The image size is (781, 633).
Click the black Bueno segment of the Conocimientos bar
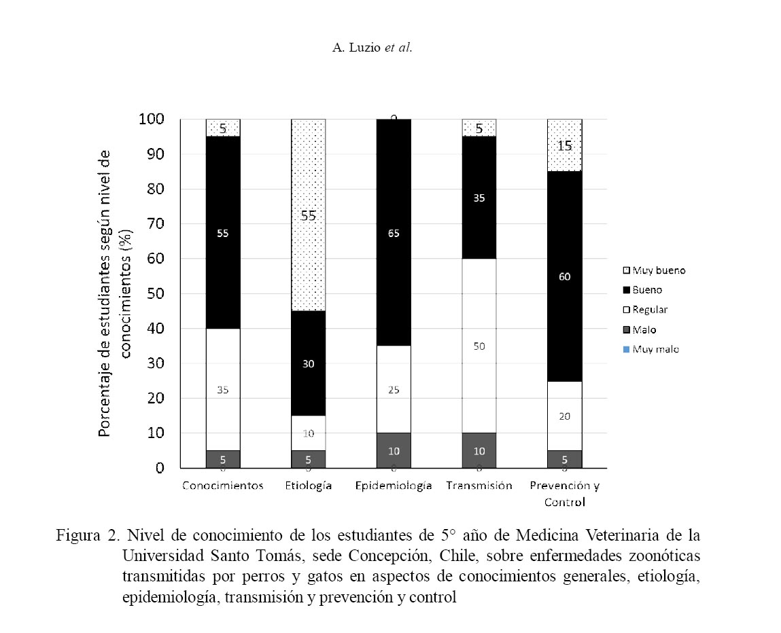pos(223,204)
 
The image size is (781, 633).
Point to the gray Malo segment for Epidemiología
pos(394,450)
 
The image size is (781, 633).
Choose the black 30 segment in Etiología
pos(309,363)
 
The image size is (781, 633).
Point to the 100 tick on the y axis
pos(151,120)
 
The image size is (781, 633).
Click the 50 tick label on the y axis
pos(156,294)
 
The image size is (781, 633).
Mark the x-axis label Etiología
pos(309,486)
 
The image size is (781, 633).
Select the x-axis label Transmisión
pos(479,486)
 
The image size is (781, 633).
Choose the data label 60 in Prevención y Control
pos(564,276)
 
